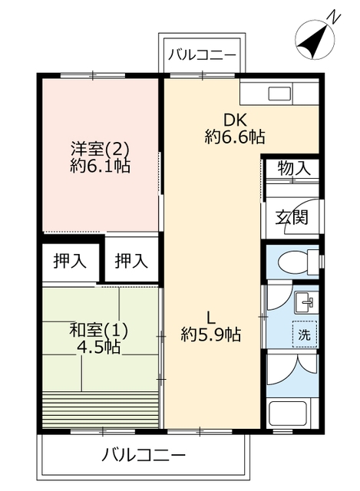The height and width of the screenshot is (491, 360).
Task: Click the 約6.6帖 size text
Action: click(235, 137)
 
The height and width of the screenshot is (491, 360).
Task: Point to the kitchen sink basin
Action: click(279, 94)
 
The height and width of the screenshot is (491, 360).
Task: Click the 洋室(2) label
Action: click(100, 149)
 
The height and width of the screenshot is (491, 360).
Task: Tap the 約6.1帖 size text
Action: click(100, 166)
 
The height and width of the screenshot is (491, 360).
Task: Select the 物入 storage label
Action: click(294, 169)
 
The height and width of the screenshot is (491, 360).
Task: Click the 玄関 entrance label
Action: click(292, 217)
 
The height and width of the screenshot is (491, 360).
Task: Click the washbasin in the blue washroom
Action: click(306, 302)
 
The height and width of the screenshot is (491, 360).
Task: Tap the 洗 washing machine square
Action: click(305, 334)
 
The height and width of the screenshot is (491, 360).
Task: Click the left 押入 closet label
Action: click(70, 261)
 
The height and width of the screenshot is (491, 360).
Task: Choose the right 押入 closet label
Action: click(131, 261)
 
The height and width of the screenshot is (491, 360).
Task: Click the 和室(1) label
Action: click(98, 331)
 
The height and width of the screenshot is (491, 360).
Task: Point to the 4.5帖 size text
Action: click(99, 348)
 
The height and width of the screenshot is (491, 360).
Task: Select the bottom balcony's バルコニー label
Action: click(144, 455)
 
